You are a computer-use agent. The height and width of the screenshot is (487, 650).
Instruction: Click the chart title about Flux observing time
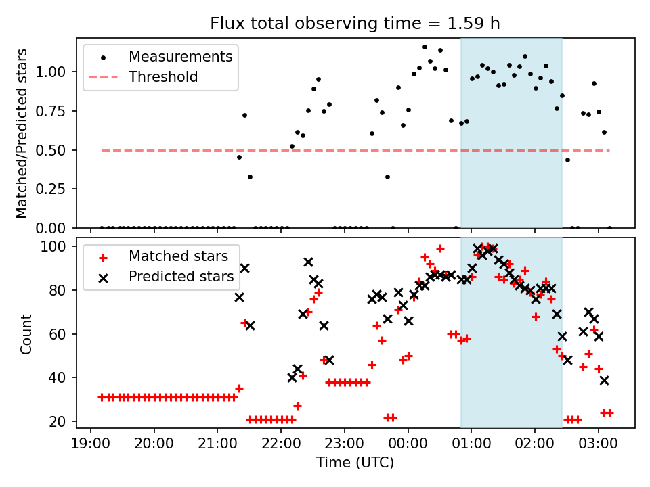coord(355,24)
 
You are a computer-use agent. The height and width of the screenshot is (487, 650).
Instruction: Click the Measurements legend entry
coord(180,57)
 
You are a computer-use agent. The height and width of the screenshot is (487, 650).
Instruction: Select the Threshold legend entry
coord(163,77)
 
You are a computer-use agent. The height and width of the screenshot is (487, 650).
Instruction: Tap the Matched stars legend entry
coord(178,256)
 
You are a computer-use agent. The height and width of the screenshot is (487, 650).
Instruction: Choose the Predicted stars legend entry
coord(181,277)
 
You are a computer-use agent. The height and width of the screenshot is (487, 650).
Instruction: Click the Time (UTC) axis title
coord(355,463)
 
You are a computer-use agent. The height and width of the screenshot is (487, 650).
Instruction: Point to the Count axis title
coord(26,333)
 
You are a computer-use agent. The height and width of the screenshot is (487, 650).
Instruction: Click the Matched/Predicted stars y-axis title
coord(22,133)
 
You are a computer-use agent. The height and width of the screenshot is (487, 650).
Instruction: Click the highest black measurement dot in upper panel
coord(425,47)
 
